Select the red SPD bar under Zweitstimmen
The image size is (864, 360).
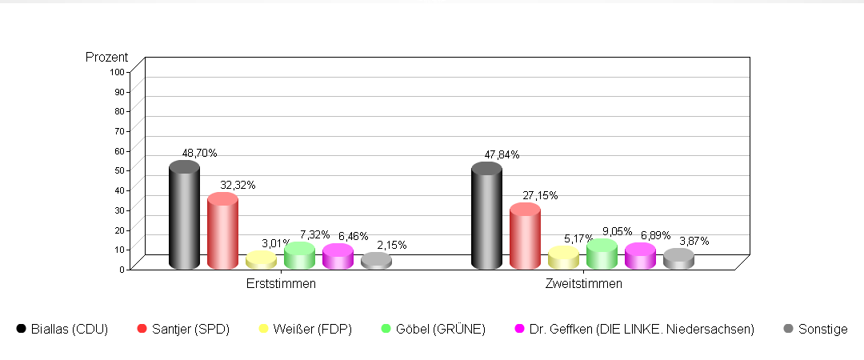click(x=525, y=238)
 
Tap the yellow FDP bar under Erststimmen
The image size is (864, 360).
click(x=261, y=261)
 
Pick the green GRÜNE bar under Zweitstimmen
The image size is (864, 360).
click(x=602, y=255)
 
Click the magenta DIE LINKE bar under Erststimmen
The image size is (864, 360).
click(x=338, y=257)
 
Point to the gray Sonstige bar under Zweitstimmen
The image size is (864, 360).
click(x=678, y=259)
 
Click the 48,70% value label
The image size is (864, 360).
click(x=200, y=153)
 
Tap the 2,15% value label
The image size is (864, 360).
click(x=392, y=245)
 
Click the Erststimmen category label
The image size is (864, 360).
click(x=281, y=284)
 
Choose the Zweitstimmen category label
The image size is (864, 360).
click(x=583, y=284)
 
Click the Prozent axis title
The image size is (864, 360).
click(x=107, y=58)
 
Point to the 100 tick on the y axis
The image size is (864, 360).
click(x=118, y=71)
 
